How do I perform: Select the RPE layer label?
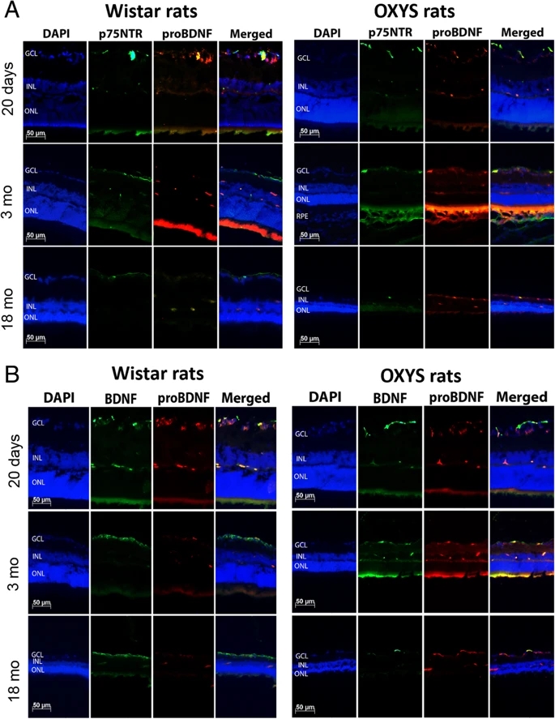[x=304, y=217]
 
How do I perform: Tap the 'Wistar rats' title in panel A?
[x=152, y=13]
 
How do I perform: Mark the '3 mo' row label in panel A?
[x=11, y=193]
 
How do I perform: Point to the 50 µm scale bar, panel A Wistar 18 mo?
[x=36, y=337]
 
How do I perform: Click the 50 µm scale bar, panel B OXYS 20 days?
[x=305, y=495]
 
